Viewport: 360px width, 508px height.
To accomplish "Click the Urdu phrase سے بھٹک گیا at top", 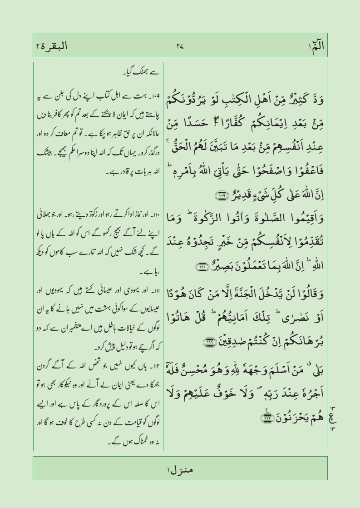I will pyautogui.click(x=142, y=71).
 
